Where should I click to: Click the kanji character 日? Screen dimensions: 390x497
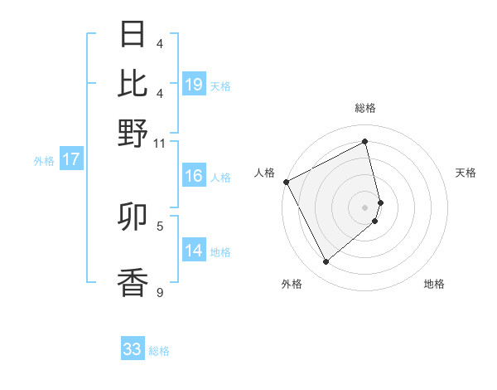tap(133, 35)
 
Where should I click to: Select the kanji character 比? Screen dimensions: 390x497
tap(133, 83)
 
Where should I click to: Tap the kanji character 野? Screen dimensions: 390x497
tap(133, 133)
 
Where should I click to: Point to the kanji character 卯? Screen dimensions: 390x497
tap(133, 217)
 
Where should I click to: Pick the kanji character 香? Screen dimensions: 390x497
tap(133, 282)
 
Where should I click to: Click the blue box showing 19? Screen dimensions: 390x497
tap(194, 85)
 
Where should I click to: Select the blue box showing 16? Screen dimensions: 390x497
tap(194, 176)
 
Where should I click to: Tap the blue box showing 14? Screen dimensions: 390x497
tap(194, 251)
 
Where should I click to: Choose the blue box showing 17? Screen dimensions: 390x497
tap(70, 160)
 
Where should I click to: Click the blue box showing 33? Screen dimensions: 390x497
tap(133, 349)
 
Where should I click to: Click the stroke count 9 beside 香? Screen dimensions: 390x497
tap(159, 292)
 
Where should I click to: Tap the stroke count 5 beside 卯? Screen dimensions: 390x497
tap(159, 225)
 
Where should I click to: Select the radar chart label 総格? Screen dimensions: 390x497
tap(364, 109)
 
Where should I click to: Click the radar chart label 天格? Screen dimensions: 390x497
tap(466, 173)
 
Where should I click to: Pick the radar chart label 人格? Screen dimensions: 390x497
tap(264, 173)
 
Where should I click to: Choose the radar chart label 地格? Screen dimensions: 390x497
tap(434, 285)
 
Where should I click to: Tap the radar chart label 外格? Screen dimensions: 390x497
tap(292, 285)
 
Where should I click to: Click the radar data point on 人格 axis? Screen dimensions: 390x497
tap(286, 182)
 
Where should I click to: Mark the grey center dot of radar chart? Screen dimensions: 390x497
tap(364, 207)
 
